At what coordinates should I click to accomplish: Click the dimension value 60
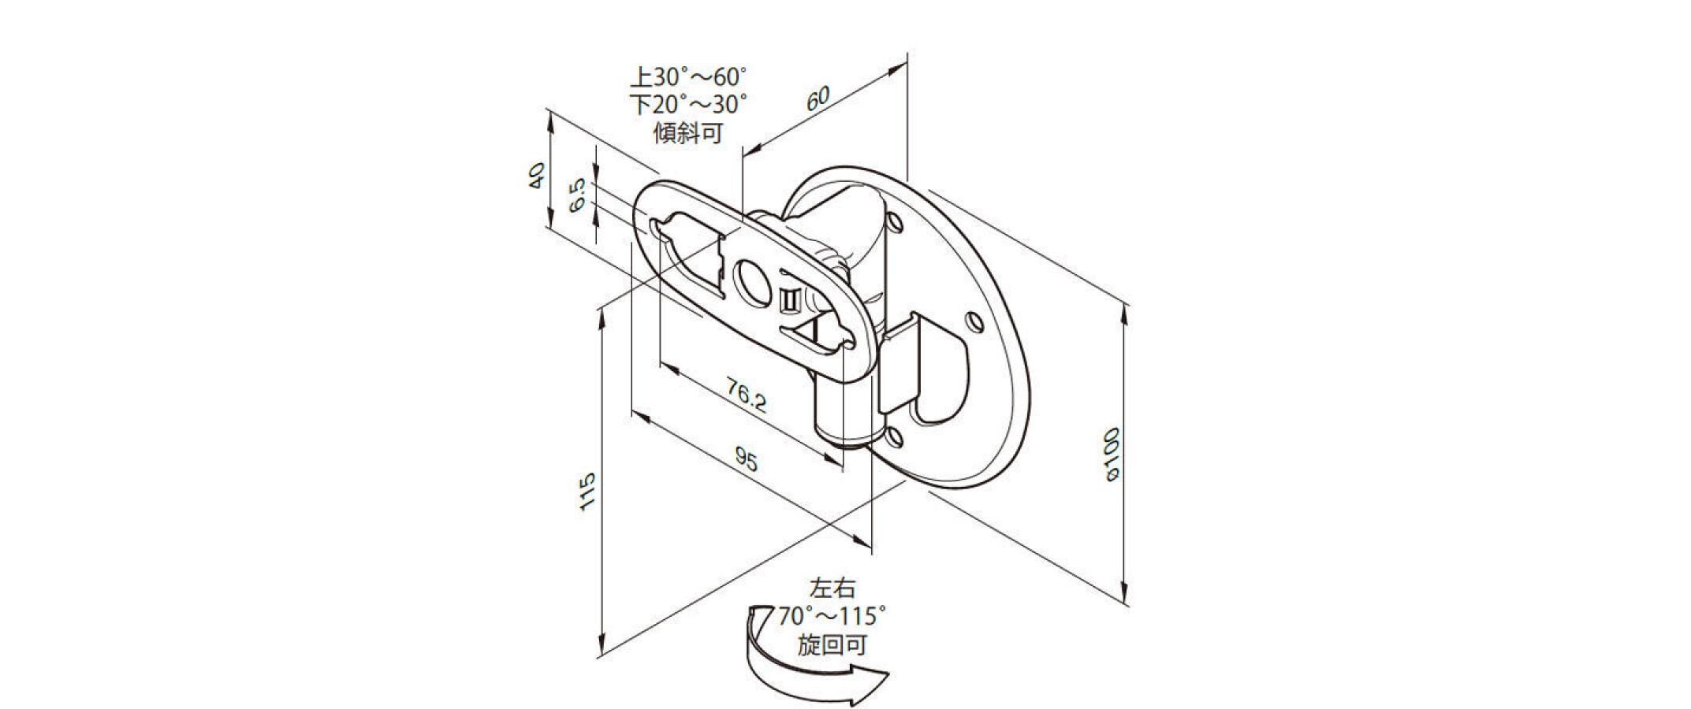point(818,98)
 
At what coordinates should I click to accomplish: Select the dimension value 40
point(535,175)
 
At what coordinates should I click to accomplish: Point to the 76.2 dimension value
point(746,395)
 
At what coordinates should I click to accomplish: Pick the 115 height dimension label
point(587,492)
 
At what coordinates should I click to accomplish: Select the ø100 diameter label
point(1112,454)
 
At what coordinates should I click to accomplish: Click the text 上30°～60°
point(688,77)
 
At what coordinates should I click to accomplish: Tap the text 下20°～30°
point(688,105)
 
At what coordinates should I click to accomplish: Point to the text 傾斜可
point(688,132)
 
